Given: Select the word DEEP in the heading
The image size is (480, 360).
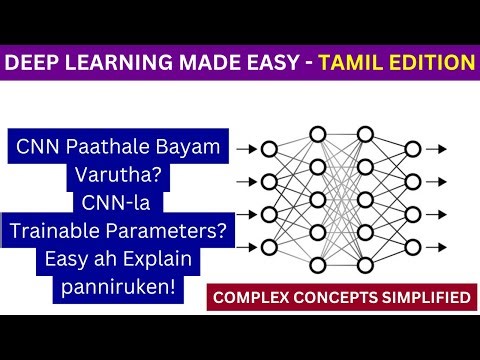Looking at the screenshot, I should tap(33, 63).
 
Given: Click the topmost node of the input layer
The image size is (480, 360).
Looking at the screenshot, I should tap(268, 149).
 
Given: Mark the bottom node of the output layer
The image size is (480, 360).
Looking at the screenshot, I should tap(412, 246).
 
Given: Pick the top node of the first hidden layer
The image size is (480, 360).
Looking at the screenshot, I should tap(317, 133).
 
